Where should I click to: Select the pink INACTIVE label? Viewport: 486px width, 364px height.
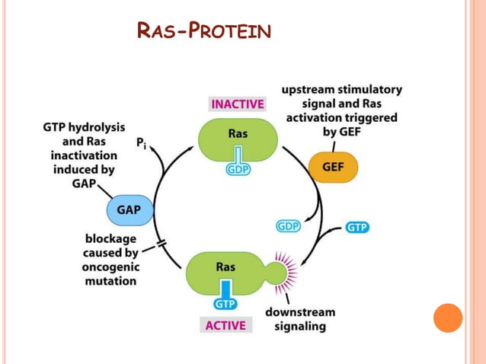pos(237,104)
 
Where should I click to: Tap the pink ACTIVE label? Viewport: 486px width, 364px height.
pos(225,325)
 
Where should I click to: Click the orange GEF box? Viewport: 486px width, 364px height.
pos(332,167)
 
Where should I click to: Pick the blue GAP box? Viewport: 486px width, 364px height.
pos(128,208)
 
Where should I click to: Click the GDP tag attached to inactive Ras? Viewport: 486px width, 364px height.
pos(238,169)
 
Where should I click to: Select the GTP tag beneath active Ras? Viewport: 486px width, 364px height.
pos(225,303)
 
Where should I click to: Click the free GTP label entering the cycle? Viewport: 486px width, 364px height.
pos(357,227)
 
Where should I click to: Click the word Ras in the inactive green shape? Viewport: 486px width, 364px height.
pos(237,134)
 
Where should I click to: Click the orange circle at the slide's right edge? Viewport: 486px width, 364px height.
pos(448,318)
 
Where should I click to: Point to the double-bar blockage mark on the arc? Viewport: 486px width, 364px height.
pos(161,244)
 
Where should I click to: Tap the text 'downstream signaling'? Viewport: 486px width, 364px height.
pos(299,319)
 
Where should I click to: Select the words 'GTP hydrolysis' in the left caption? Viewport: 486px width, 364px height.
pos(84,127)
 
